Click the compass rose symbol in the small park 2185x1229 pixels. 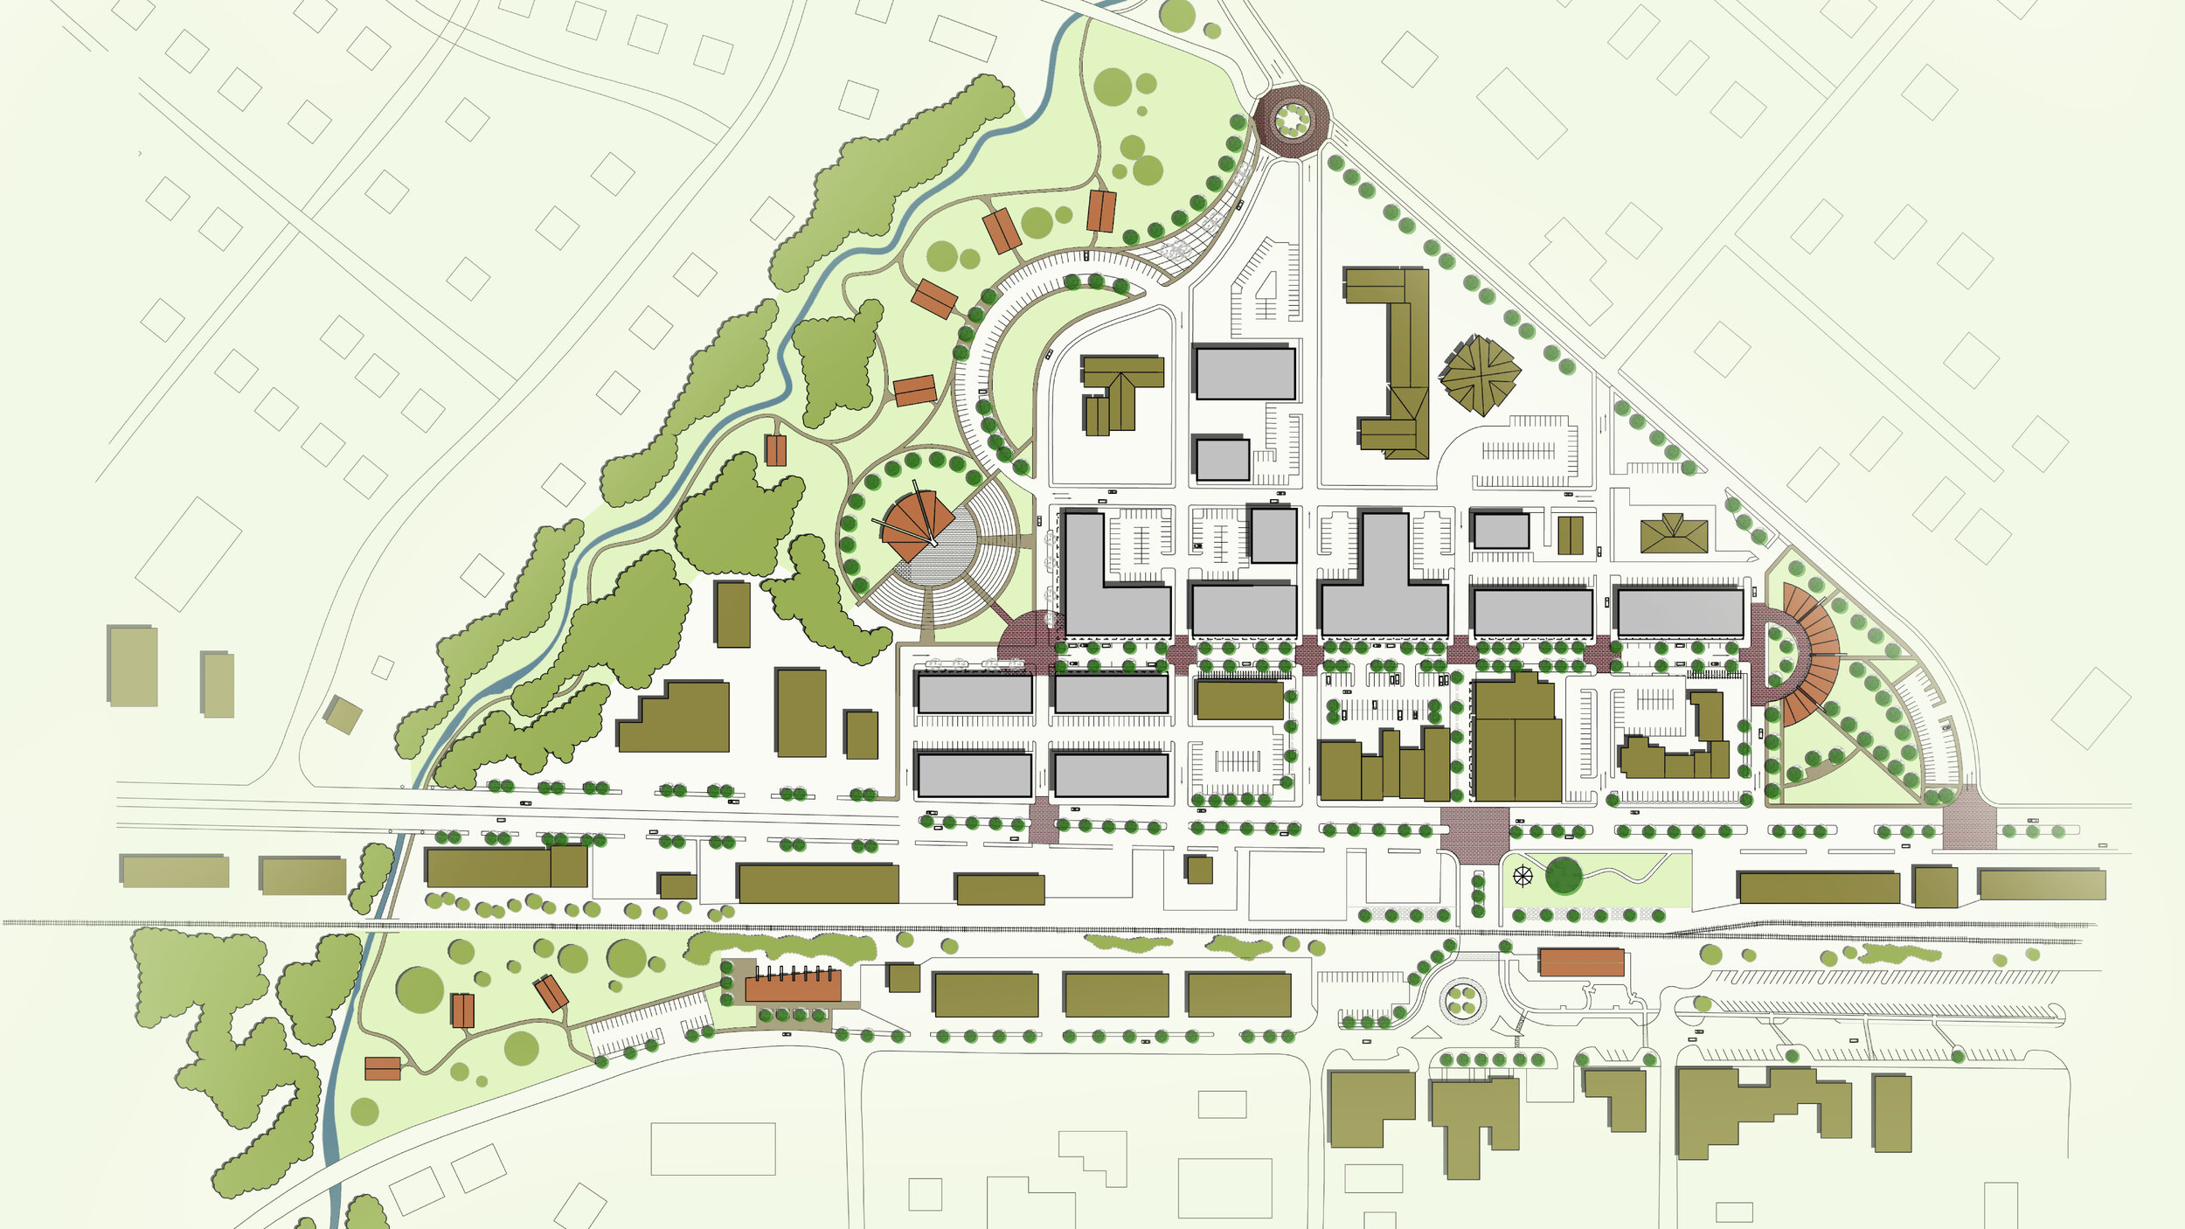click(1523, 875)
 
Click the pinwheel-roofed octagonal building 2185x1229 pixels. click(1480, 375)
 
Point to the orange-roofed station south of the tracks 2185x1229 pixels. click(1580, 962)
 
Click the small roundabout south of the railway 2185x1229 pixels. click(1462, 998)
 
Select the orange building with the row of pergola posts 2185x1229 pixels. click(792, 985)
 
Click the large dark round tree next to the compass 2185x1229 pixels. click(1564, 876)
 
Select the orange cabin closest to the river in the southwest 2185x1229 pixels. click(382, 1068)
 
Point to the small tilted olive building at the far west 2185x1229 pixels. click(343, 714)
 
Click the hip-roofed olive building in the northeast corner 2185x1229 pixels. click(1673, 534)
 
